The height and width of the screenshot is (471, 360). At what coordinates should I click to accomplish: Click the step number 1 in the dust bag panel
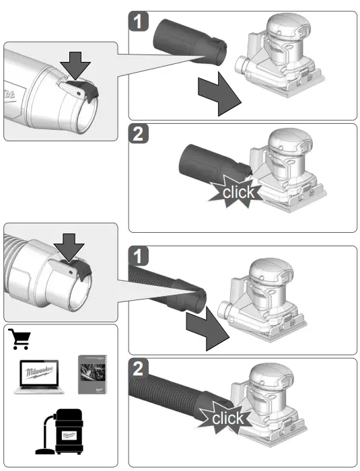pyautogui.click(x=138, y=22)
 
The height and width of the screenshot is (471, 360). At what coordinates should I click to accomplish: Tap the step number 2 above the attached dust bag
pyautogui.click(x=138, y=135)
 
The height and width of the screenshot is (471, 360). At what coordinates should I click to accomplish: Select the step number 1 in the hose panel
pyautogui.click(x=138, y=256)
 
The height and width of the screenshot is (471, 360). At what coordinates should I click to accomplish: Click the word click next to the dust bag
pyautogui.click(x=238, y=192)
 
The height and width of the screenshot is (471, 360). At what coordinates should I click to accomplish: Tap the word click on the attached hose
pyautogui.click(x=228, y=419)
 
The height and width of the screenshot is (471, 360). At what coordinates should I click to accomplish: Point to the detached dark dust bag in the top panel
pyautogui.click(x=189, y=42)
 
